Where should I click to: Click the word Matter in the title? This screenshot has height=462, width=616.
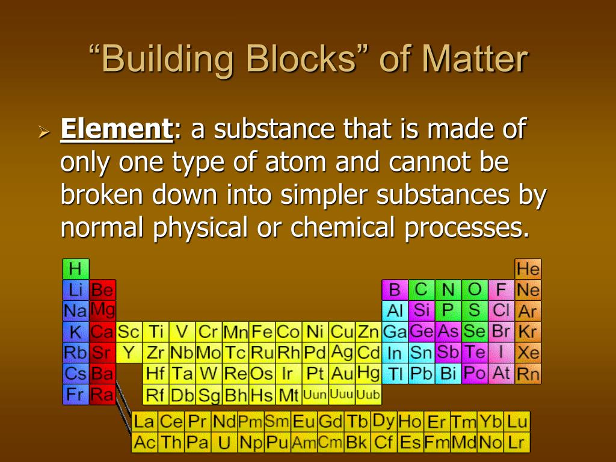point(475,60)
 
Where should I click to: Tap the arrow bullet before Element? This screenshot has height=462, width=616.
point(42,131)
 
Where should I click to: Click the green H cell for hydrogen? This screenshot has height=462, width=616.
point(76,269)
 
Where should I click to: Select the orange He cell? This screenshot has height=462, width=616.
point(528,269)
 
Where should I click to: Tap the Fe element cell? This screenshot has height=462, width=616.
point(262,332)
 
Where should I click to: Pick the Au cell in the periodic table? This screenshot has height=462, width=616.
point(342,374)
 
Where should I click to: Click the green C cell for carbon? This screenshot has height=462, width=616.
point(421,290)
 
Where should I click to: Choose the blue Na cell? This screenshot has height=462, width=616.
point(76,311)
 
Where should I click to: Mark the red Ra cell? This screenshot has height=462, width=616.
point(102,395)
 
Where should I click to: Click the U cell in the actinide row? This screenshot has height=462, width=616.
point(224,443)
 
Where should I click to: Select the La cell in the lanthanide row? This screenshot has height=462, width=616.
point(144,422)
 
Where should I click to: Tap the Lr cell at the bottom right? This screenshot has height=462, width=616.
point(516,443)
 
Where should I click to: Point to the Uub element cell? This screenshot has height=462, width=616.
point(368,395)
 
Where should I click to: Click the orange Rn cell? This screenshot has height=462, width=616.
point(528,374)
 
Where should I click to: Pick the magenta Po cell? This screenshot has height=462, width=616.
point(475,374)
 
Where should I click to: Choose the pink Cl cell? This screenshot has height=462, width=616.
point(501,311)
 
